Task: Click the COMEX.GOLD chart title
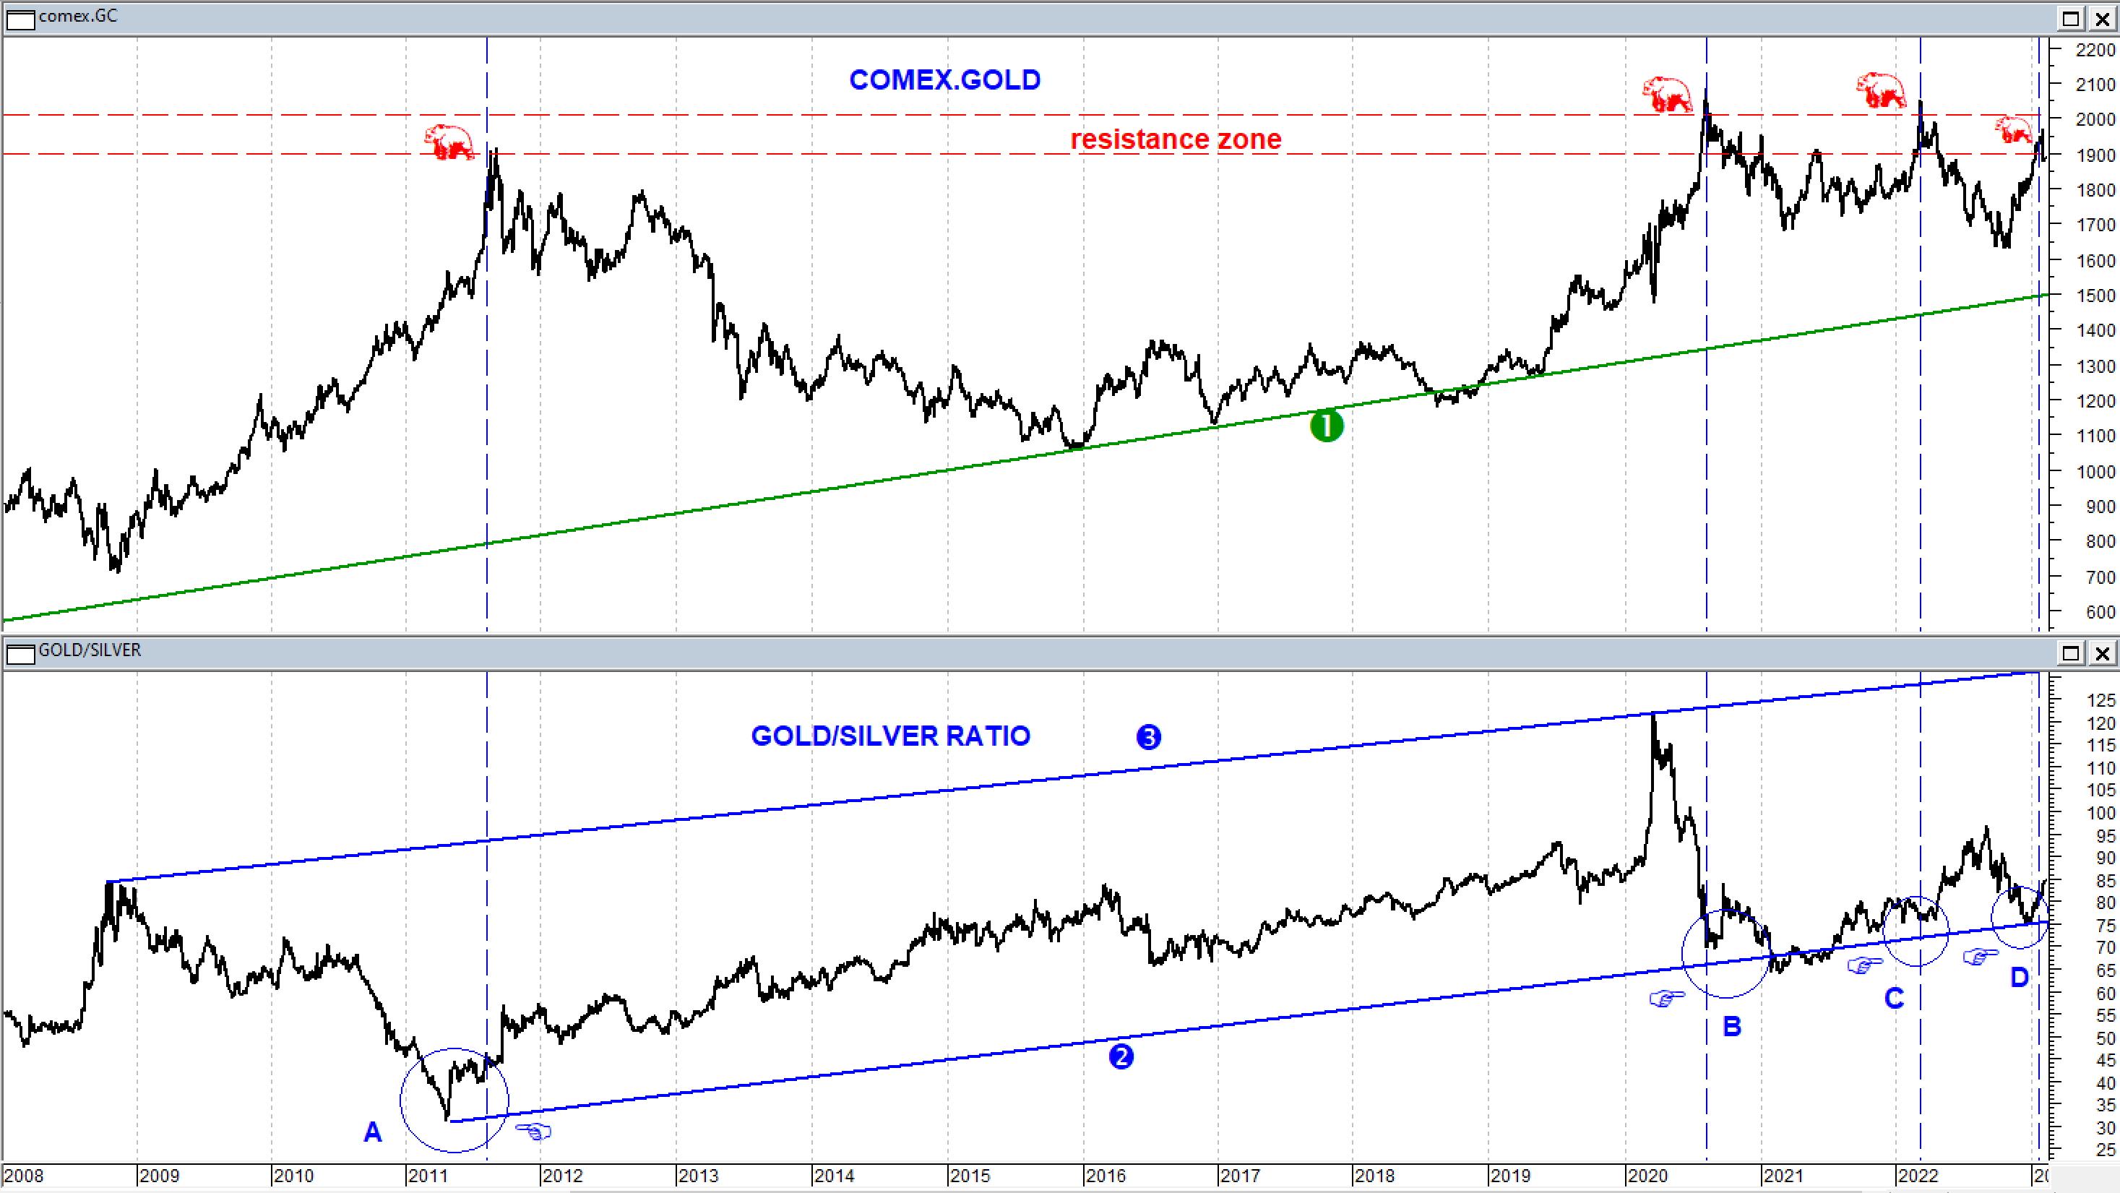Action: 945,79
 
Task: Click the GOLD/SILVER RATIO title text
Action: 890,736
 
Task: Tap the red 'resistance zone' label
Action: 1175,139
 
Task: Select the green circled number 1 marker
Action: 1326,426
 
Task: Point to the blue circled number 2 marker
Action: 1121,1056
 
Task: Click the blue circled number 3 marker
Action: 1148,737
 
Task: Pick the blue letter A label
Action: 373,1133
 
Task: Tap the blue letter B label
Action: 1731,1027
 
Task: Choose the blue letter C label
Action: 1894,999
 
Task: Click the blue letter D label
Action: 2019,978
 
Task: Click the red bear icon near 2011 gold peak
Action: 449,142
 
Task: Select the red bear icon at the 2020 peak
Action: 1666,94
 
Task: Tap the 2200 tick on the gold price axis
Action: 2095,50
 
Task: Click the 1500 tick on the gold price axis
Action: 2095,296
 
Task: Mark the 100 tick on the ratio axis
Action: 2095,813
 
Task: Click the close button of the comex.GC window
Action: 2102,18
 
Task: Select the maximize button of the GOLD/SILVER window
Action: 2071,653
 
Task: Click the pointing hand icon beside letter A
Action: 533,1132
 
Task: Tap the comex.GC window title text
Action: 77,17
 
